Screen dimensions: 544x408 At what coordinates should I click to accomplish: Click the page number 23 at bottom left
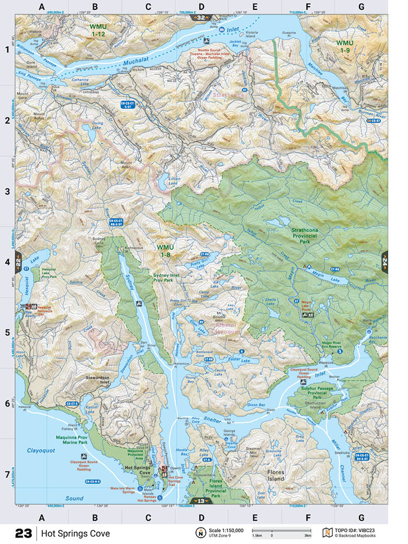pyautogui.click(x=24, y=533)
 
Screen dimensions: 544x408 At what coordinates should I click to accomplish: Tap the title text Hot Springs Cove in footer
pyautogui.click(x=76, y=533)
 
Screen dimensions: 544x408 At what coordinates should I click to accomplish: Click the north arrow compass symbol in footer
pyautogui.click(x=199, y=533)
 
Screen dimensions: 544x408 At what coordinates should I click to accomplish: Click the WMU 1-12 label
pyautogui.click(x=97, y=29)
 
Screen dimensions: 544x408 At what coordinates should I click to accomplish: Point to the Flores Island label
pyautogui.click(x=276, y=475)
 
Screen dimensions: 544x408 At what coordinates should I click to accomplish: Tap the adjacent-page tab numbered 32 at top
pyautogui.click(x=201, y=18)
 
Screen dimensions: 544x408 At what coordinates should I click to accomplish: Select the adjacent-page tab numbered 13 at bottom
pyautogui.click(x=201, y=500)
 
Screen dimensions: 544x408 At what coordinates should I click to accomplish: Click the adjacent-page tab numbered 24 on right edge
pyautogui.click(x=384, y=261)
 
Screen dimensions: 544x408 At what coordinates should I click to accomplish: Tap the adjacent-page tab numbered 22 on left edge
pyautogui.click(x=19, y=261)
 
